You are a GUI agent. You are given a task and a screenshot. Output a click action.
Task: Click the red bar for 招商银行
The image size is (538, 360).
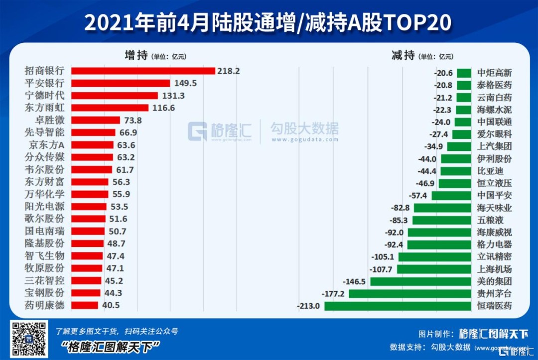click(143, 71)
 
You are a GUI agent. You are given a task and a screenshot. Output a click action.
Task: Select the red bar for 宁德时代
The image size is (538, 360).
click(115, 96)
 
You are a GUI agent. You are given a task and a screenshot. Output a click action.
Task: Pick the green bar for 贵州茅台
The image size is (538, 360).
click(410, 294)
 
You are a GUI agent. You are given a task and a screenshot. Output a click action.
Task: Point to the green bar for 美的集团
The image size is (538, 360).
click(420, 281)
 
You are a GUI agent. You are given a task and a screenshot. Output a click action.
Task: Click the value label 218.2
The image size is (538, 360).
click(229, 71)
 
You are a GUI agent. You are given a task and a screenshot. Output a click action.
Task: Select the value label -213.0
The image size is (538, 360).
click(308, 306)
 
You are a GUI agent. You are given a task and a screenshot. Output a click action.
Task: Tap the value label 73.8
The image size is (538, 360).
click(133, 120)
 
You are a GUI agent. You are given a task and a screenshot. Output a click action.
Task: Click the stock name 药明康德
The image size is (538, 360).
click(44, 305)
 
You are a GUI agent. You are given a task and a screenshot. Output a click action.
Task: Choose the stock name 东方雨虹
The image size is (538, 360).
click(44, 108)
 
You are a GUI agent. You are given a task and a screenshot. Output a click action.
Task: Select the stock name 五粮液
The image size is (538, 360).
click(489, 220)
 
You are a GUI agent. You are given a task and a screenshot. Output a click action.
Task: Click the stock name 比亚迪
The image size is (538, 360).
click(489, 171)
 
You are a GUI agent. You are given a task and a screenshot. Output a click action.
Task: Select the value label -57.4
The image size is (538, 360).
click(418, 195)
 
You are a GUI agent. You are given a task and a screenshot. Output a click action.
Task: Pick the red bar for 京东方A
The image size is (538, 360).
click(92, 145)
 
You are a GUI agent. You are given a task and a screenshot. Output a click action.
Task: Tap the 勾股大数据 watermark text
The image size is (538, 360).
click(304, 129)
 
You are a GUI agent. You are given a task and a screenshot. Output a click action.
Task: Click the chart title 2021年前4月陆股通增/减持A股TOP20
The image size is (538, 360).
click(268, 22)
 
